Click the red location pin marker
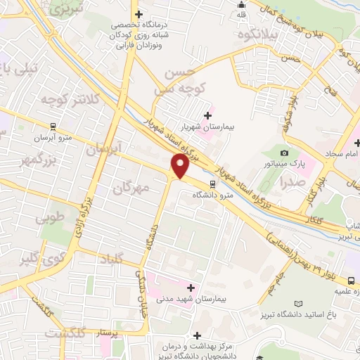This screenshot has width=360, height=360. coord(180,167)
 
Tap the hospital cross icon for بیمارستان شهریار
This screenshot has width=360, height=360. coord(207,116)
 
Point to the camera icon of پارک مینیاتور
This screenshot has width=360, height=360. coord(285,154)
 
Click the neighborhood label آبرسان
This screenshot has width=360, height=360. coord(103,149)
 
